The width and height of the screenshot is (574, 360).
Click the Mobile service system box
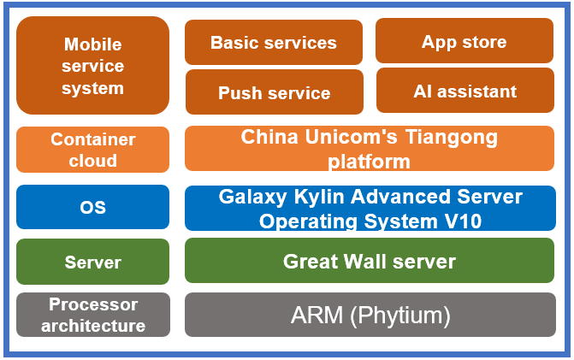click(92, 66)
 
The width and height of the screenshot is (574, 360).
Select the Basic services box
click(273, 42)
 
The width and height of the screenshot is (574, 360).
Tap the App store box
click(464, 41)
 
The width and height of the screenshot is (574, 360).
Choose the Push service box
click(274, 92)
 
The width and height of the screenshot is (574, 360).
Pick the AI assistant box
click(465, 91)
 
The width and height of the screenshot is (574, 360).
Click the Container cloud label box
click(92, 150)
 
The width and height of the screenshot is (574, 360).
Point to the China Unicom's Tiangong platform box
click(369, 149)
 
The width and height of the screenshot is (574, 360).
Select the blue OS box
click(92, 208)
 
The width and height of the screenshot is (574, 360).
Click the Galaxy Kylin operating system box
click(370, 209)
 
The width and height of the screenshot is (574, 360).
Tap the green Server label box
click(92, 262)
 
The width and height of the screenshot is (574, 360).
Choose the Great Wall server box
click(370, 261)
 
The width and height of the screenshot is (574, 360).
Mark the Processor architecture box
click(92, 315)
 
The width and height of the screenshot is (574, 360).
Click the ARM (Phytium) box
click(370, 315)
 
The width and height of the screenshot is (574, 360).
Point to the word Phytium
click(399, 316)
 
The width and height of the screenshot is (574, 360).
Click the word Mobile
click(92, 44)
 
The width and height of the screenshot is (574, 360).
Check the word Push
click(240, 92)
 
